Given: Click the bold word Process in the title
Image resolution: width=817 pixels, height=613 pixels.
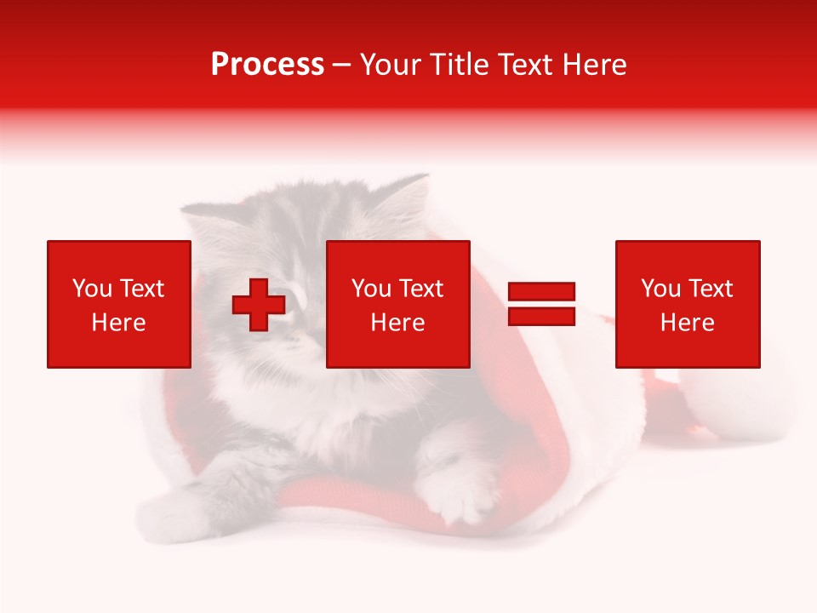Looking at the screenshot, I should coord(267,65).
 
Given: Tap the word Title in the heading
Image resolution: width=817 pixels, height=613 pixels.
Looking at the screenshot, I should coord(456,65).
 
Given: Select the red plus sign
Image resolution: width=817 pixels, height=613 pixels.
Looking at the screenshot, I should coord(259,304).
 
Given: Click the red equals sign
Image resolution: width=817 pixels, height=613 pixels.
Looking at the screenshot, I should coord(541,304).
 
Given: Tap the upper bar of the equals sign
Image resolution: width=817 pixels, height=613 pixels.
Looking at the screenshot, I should coord(541,292).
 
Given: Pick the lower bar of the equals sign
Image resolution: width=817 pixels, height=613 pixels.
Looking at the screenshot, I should coord(541,316).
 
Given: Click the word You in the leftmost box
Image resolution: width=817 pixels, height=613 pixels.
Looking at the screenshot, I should coord(92,289).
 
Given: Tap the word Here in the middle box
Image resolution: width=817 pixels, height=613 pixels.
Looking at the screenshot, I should coord(398,323).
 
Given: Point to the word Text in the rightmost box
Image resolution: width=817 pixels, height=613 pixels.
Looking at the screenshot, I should coord(709,289).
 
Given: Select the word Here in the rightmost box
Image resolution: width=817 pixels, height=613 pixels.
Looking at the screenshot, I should coord(688,323).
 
